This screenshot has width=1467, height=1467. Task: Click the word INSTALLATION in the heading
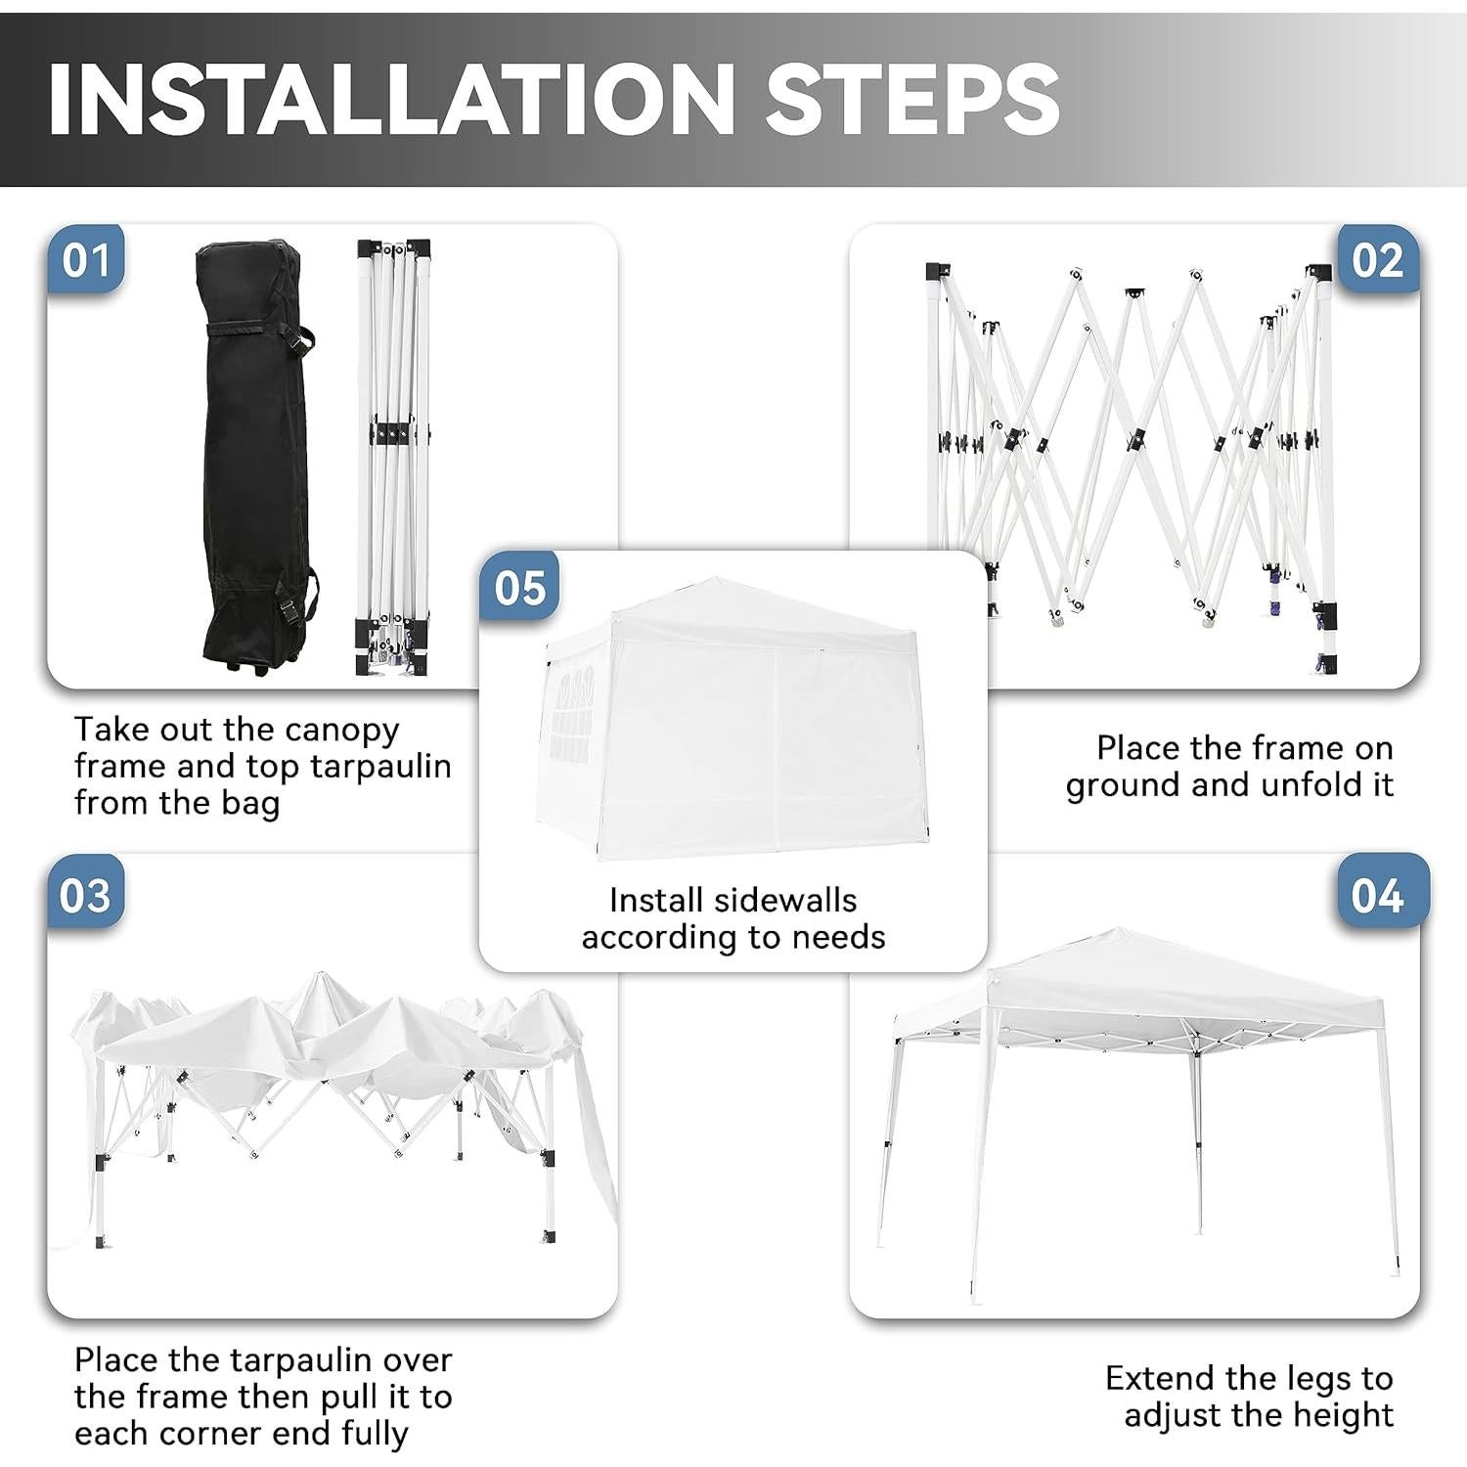[389, 98]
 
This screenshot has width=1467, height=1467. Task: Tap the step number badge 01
[86, 260]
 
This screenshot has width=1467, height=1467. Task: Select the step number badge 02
[1377, 260]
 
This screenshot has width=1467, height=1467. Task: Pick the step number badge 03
[86, 895]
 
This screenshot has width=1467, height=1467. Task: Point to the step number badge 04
[1377, 895]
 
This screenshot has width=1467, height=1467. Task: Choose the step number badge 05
[519, 588]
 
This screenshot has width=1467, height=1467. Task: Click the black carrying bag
[254, 450]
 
